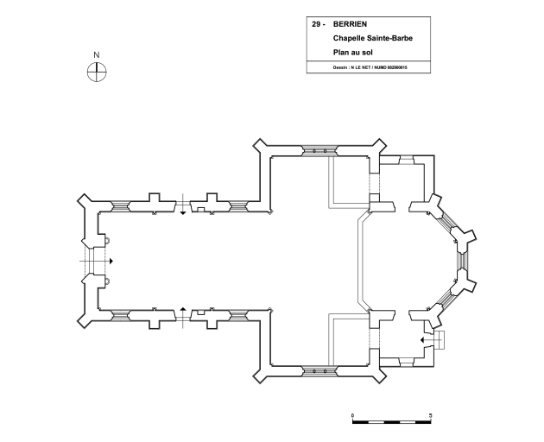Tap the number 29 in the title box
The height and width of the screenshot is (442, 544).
[318, 24]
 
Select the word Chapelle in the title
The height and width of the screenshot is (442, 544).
[349, 38]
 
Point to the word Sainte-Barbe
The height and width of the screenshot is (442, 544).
[389, 38]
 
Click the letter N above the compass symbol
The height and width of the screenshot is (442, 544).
[97, 55]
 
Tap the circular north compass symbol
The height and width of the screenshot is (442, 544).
[97, 73]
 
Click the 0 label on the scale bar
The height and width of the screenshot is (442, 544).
[353, 416]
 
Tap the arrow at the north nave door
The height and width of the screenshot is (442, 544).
[182, 212]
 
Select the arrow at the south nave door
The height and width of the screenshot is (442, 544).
[182, 308]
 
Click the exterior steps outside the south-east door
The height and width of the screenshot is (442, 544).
[438, 340]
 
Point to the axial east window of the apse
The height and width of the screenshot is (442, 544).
[464, 260]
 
